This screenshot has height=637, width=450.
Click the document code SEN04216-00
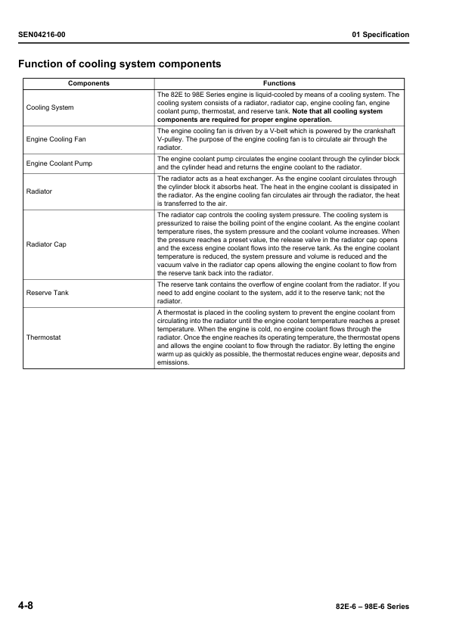pos(46,35)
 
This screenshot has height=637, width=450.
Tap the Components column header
pos(88,83)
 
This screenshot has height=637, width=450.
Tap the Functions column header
pos(279,83)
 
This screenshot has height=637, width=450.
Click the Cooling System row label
pos(50,107)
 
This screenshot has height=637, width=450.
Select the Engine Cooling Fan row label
pos(56,140)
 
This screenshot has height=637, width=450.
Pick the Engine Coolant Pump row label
pos(59,163)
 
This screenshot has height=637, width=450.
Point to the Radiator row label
pos(39,191)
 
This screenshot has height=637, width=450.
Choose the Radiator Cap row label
pos(46,244)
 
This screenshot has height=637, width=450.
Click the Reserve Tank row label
pos(48,292)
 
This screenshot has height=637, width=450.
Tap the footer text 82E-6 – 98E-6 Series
pos(371,608)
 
